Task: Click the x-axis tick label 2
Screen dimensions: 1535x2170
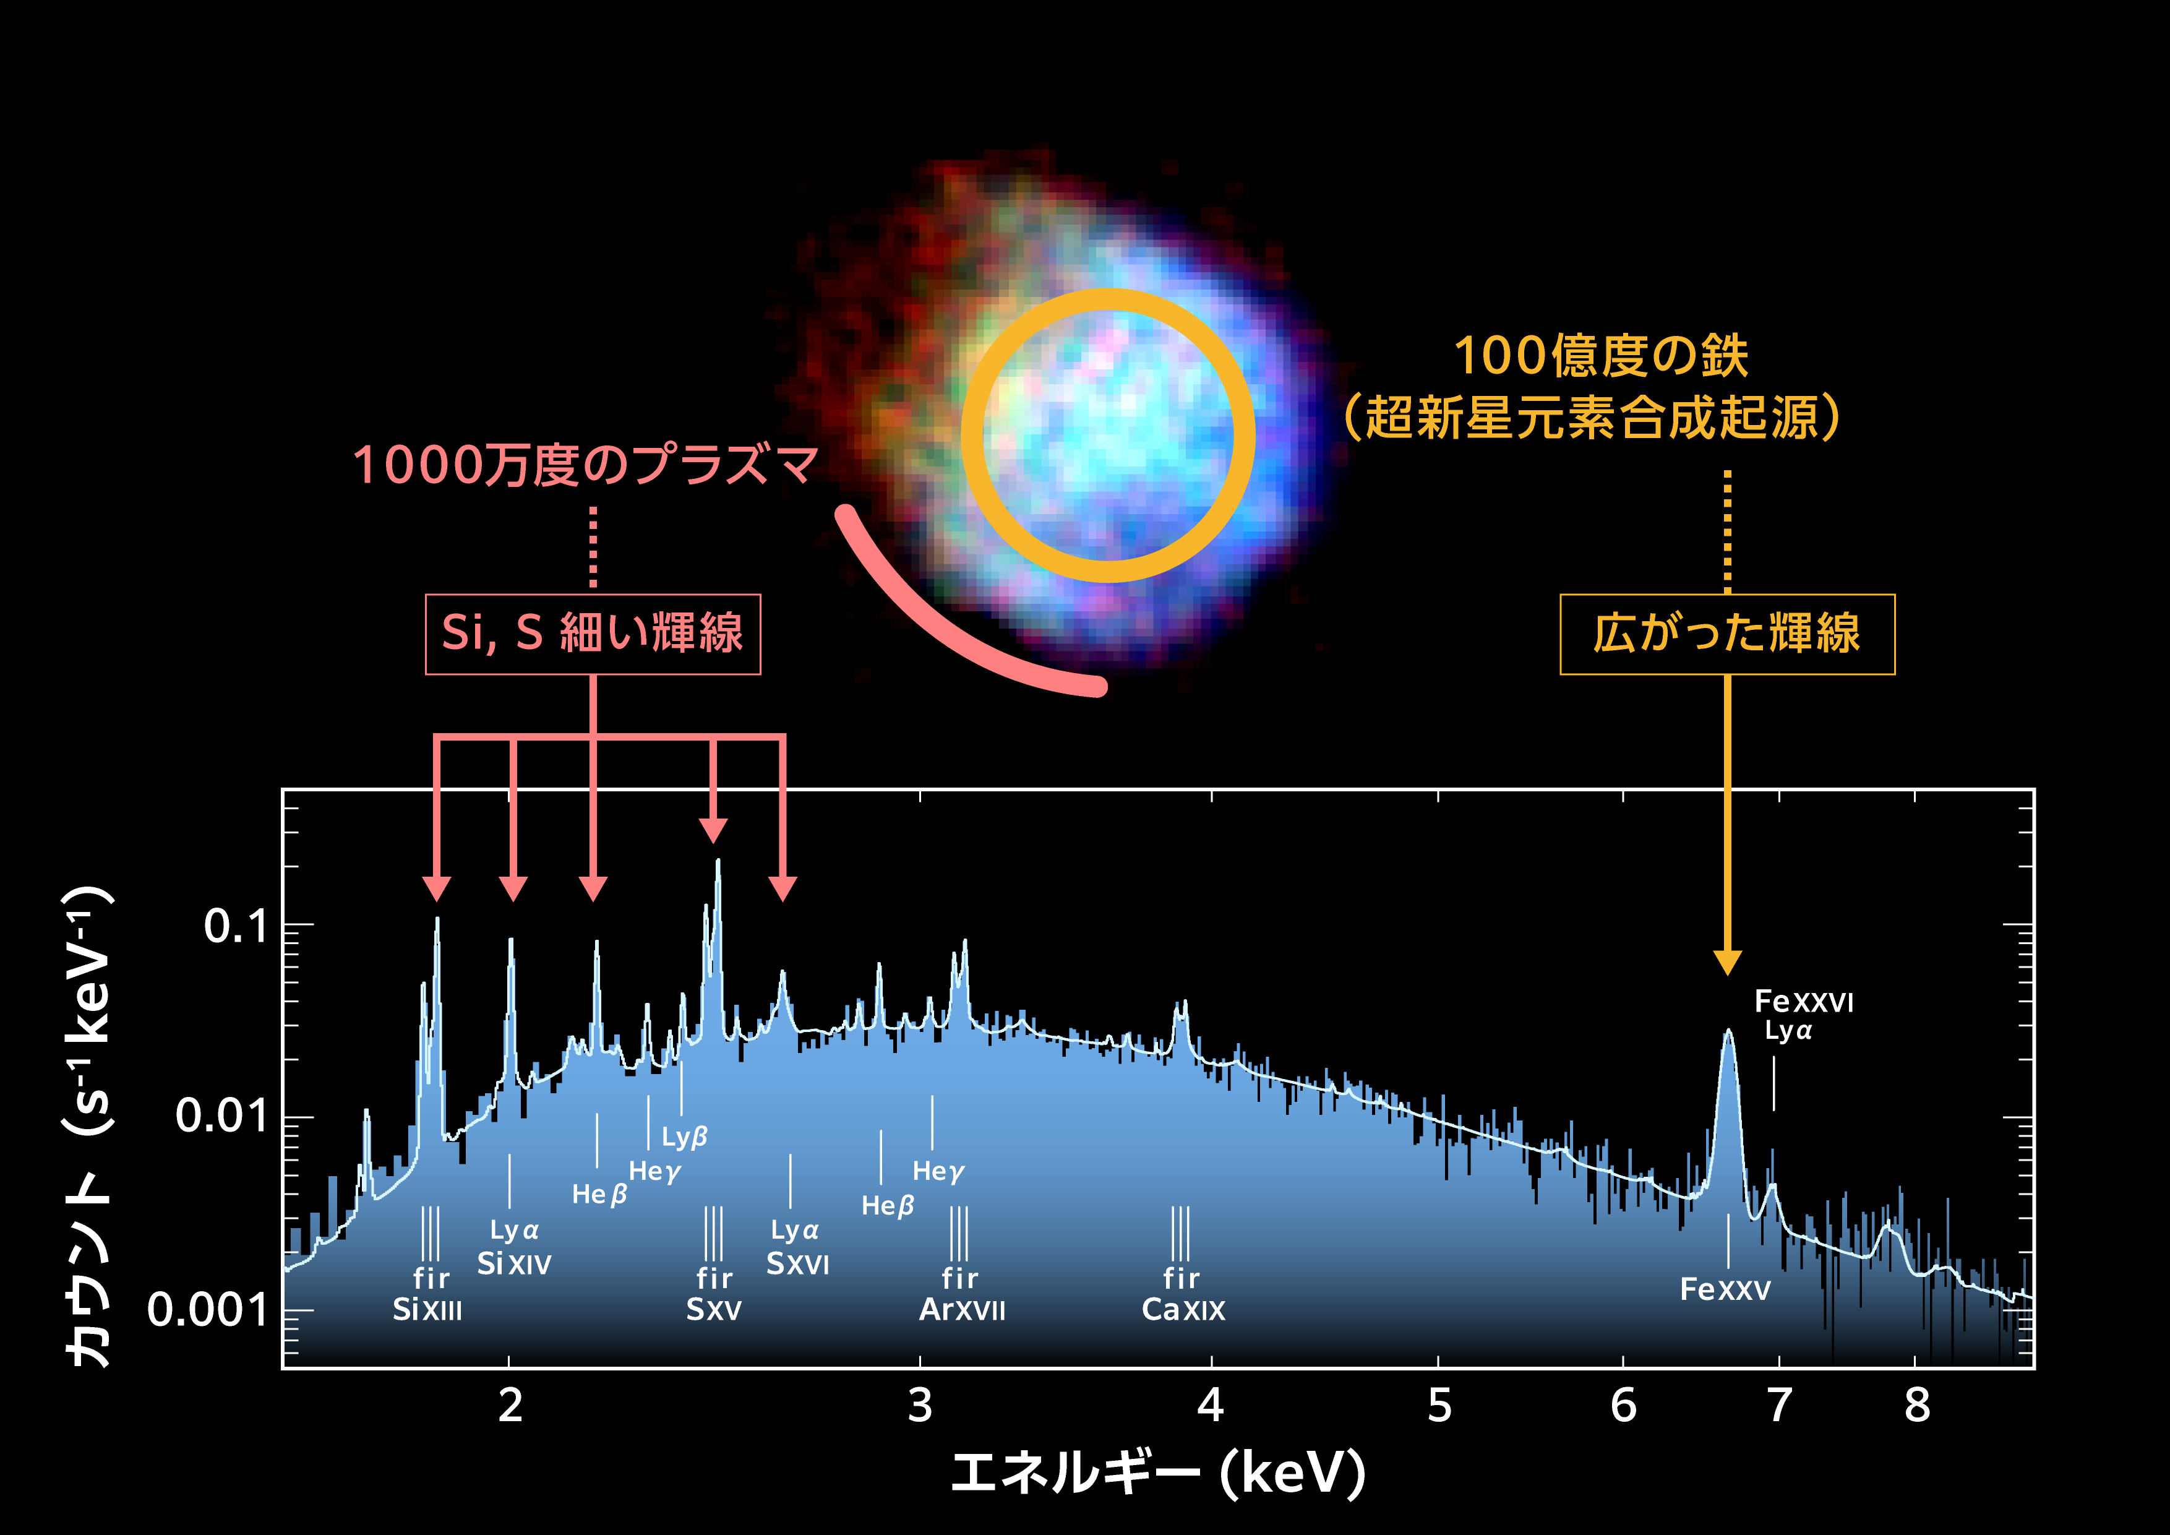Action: point(510,1406)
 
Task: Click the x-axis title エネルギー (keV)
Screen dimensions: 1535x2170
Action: point(1159,1473)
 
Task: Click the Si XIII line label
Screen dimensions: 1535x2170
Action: point(427,1309)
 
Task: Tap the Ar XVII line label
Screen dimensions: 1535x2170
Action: point(962,1309)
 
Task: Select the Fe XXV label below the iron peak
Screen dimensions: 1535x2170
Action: point(1725,1289)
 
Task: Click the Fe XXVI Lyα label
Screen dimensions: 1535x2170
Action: point(1803,1015)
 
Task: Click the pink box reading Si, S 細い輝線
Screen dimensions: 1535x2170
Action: point(593,634)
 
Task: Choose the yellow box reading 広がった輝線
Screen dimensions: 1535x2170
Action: point(1726,634)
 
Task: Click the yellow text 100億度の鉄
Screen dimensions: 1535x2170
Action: point(1601,356)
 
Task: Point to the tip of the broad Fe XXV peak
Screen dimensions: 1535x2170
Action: point(1728,1032)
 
